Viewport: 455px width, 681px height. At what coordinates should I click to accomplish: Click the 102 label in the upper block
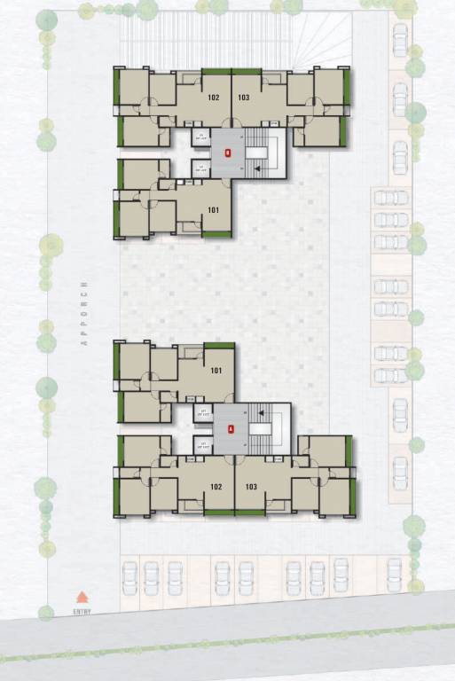click(213, 98)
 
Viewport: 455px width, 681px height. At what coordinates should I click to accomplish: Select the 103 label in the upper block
click(243, 98)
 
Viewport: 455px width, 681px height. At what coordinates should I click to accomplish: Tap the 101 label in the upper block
click(213, 210)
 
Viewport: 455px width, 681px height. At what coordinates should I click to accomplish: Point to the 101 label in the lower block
click(216, 371)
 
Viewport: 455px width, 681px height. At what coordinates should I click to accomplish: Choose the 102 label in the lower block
click(215, 486)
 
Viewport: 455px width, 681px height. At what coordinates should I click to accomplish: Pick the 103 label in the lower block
click(251, 486)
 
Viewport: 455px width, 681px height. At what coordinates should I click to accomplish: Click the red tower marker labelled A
click(231, 429)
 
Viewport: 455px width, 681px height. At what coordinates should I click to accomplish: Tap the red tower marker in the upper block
click(228, 153)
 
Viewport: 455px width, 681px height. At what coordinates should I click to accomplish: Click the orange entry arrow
click(82, 598)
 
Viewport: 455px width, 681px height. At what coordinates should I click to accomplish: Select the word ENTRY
click(82, 611)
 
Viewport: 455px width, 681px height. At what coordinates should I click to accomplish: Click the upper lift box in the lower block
click(203, 413)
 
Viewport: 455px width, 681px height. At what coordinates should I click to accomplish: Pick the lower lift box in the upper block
click(201, 168)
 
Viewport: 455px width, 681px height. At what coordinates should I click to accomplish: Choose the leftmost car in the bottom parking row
click(129, 577)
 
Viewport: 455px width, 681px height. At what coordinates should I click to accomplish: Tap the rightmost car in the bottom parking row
click(395, 574)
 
